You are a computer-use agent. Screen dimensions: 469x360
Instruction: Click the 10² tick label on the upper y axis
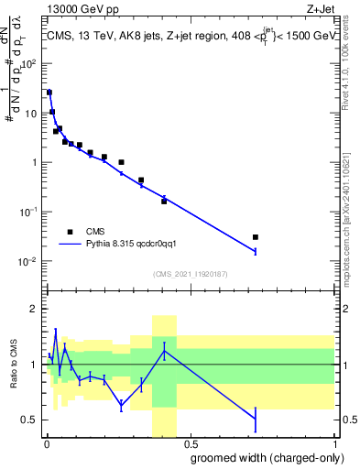31,64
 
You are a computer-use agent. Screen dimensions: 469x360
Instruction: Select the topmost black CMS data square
49,93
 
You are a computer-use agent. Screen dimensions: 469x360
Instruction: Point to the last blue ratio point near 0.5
256,419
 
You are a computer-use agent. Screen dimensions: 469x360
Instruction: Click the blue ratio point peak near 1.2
164,351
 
